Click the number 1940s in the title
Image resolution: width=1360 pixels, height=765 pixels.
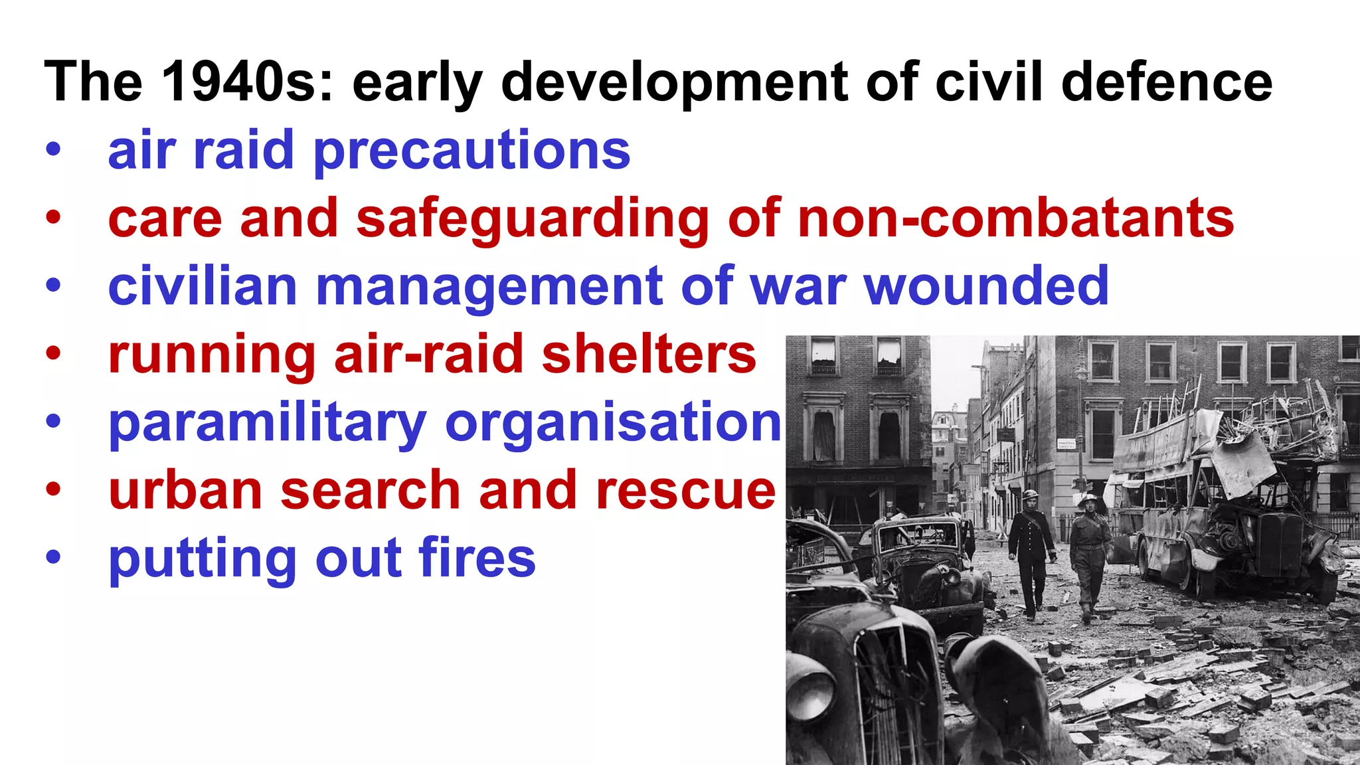[x=246, y=82]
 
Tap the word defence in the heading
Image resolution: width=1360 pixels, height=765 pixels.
[x=1167, y=82]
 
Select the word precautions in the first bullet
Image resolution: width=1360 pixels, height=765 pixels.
[x=471, y=151]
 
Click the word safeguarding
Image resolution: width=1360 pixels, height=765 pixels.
[x=533, y=220]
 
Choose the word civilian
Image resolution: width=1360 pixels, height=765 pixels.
[x=203, y=286]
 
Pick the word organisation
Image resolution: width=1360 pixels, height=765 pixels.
[x=613, y=422]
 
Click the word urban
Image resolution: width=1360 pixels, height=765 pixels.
[x=185, y=491]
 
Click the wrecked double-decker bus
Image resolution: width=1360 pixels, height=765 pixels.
[x=1229, y=491]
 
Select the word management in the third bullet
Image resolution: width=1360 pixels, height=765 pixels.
[x=489, y=288]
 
